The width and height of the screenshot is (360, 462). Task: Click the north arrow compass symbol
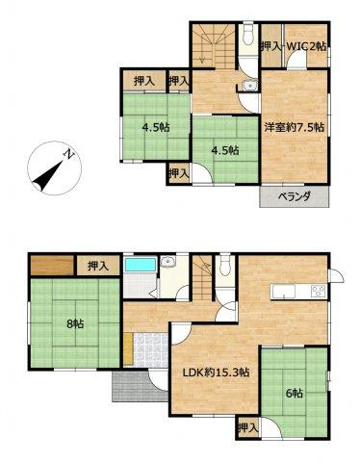tap(49, 169)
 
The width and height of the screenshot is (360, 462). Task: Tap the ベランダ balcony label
tap(296, 197)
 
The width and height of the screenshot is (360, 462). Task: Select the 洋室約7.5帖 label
tap(294, 127)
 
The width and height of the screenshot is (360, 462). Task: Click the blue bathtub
tap(141, 265)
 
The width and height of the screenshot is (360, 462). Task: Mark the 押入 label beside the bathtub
tap(97, 265)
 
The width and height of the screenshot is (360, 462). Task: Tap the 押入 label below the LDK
tap(247, 426)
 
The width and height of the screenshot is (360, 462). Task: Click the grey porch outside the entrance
tap(134, 387)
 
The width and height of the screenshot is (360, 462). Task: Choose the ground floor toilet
tap(224, 266)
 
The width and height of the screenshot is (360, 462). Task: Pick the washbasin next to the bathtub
tap(168, 262)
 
